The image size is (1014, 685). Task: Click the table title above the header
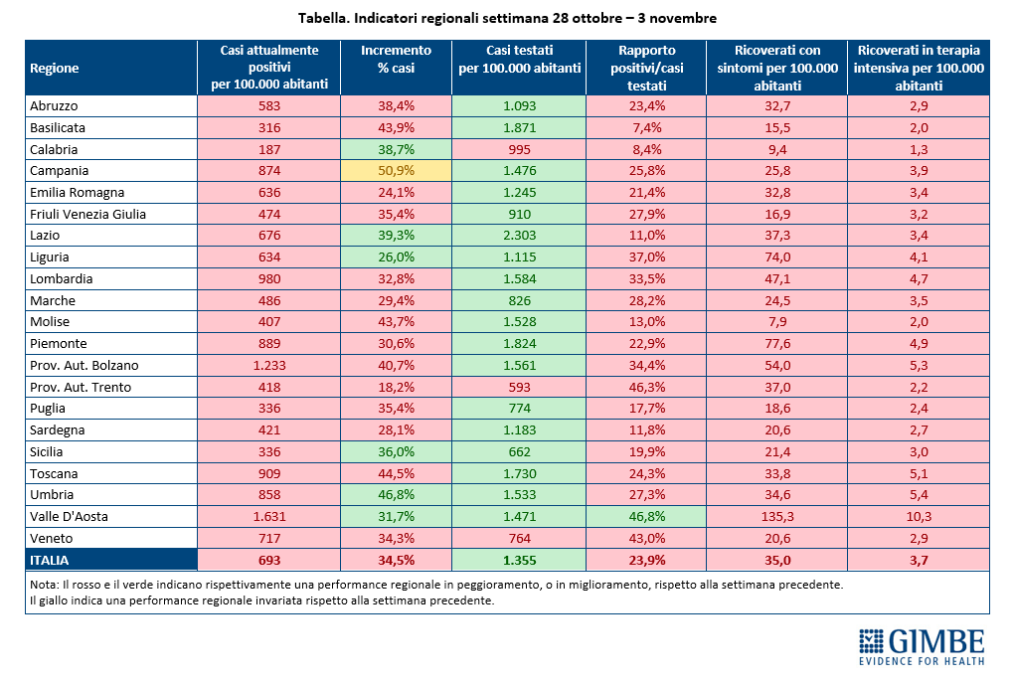tap(507, 18)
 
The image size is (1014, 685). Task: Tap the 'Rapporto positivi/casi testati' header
tap(646, 68)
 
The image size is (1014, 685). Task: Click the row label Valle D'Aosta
tap(70, 516)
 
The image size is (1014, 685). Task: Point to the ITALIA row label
tap(49, 560)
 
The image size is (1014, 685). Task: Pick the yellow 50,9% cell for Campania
tap(396, 171)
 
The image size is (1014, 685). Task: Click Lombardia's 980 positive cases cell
tap(269, 278)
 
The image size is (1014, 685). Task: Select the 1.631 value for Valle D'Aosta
tap(269, 516)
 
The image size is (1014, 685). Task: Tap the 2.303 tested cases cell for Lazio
tap(519, 236)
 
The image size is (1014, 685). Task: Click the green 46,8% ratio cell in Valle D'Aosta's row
tap(646, 516)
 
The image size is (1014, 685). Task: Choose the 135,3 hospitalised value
tap(777, 516)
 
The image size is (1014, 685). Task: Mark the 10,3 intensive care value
tap(919, 516)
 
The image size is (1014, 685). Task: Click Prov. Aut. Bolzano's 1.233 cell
tap(269, 366)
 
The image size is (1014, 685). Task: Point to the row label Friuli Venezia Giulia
tap(87, 214)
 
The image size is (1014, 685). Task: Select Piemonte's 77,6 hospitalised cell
tap(777, 343)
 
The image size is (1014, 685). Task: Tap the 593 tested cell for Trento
tap(519, 387)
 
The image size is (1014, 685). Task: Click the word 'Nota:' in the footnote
tap(44, 585)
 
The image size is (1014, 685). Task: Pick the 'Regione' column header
tap(55, 68)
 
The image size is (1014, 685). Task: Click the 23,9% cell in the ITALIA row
tap(646, 560)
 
